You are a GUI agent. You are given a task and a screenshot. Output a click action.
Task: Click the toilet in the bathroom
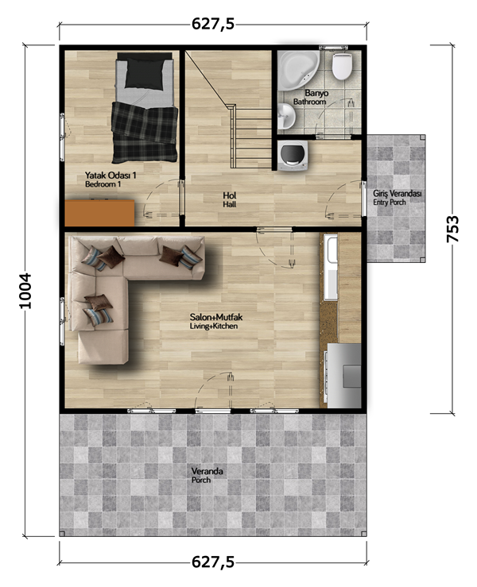(x=342, y=66)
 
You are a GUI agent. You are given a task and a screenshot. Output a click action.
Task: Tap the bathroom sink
(x=286, y=116)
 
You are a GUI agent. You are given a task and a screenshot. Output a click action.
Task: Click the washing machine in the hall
(x=293, y=156)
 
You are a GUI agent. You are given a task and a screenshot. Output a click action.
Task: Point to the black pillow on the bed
(x=145, y=74)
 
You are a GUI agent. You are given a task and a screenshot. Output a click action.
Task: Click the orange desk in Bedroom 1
(x=99, y=213)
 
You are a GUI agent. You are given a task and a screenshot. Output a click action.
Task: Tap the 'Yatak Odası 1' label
(x=111, y=176)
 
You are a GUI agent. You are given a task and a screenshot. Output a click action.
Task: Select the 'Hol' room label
(x=229, y=195)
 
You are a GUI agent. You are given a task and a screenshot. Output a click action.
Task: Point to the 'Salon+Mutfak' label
(x=216, y=317)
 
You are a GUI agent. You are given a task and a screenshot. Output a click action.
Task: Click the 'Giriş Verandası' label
(x=397, y=194)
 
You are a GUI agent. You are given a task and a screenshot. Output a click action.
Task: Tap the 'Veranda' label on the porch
(x=207, y=471)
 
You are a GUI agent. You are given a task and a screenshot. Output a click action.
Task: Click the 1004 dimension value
(x=25, y=291)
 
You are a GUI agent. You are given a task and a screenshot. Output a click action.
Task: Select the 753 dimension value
(x=452, y=229)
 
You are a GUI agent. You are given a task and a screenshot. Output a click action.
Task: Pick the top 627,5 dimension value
(x=213, y=24)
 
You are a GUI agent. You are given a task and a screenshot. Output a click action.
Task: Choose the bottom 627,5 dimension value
(x=213, y=562)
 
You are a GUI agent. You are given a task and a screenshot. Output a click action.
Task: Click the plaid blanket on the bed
(x=145, y=133)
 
